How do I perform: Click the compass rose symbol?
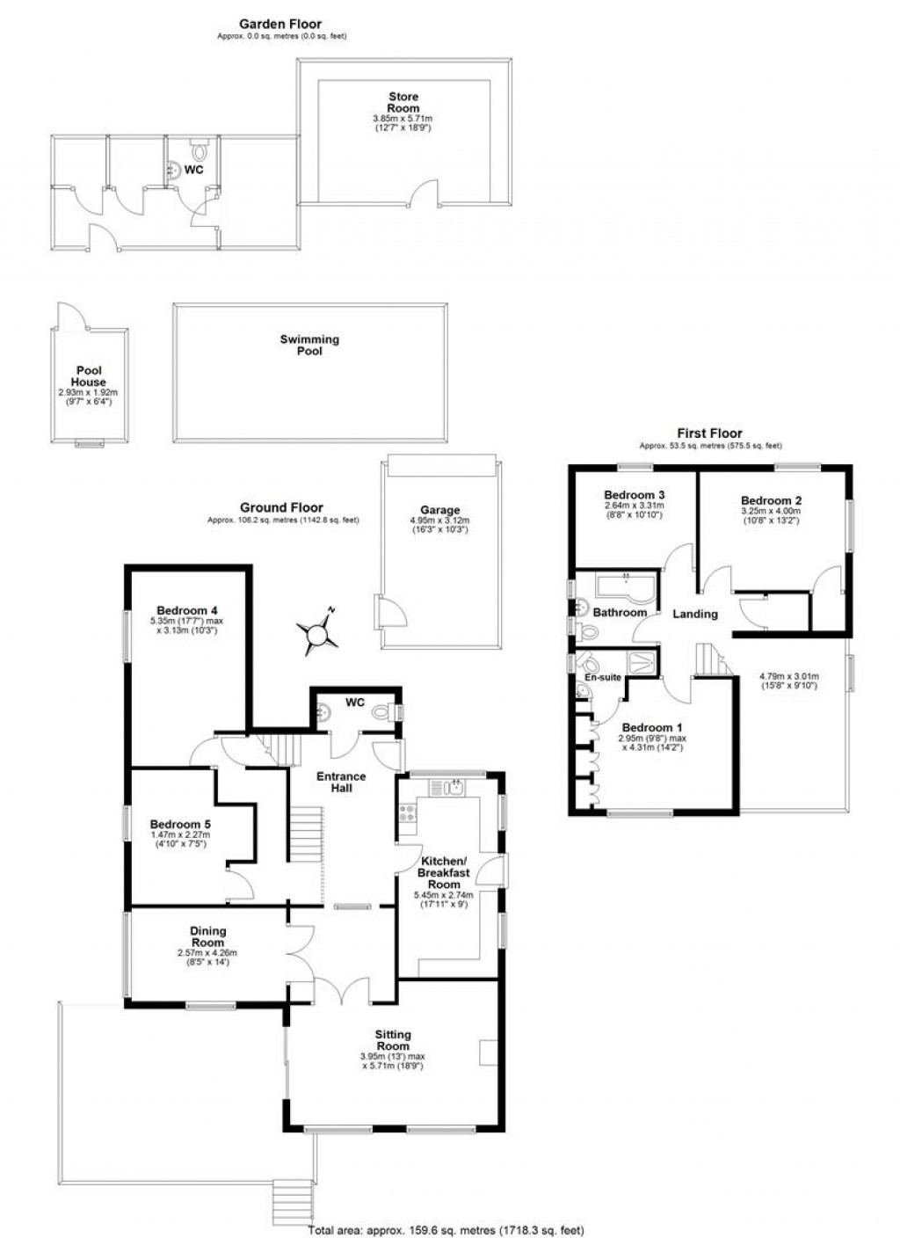pyautogui.click(x=317, y=632)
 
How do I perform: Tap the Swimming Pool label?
pyautogui.click(x=309, y=345)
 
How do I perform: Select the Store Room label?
pyautogui.click(x=403, y=102)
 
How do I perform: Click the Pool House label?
pyautogui.click(x=89, y=376)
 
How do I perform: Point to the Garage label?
pyautogui.click(x=439, y=510)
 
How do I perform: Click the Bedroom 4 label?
pyautogui.click(x=187, y=610)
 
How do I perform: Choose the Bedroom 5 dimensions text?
pyautogui.click(x=180, y=840)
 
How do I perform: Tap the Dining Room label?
pyautogui.click(x=208, y=936)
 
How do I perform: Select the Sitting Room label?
pyautogui.click(x=393, y=1040)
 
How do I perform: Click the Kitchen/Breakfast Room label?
pyautogui.click(x=444, y=872)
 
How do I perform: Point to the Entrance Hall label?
pyautogui.click(x=341, y=782)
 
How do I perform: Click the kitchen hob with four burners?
pyautogui.click(x=408, y=813)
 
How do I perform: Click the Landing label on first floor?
pyautogui.click(x=694, y=614)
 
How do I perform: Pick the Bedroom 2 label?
pyautogui.click(x=771, y=500)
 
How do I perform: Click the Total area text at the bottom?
pyautogui.click(x=446, y=1230)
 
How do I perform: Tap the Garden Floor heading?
pyautogui.click(x=281, y=25)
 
